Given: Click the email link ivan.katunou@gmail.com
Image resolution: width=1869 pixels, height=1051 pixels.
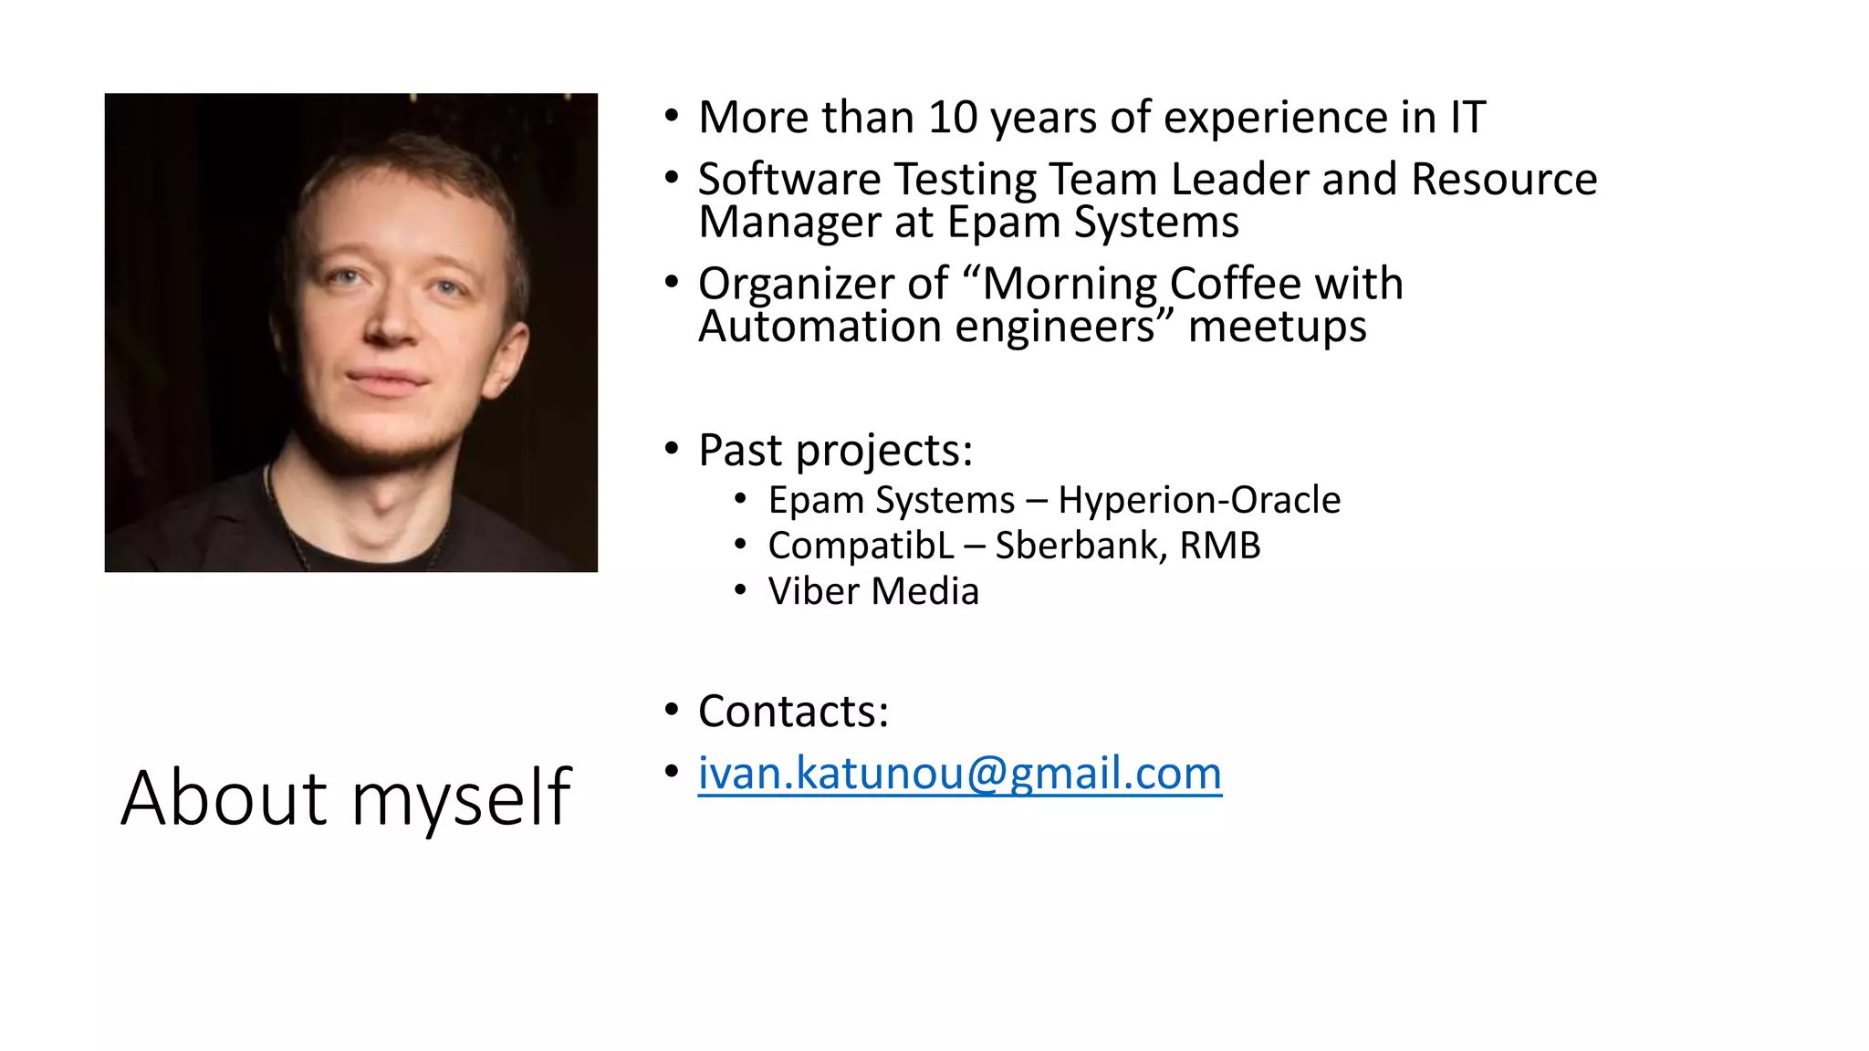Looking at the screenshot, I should point(959,774).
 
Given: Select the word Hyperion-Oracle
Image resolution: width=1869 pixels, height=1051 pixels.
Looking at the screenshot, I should point(1199,500).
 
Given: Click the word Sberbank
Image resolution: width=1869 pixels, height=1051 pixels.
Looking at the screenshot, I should point(1080,546).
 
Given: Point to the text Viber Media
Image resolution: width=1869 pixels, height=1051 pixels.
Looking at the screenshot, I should point(873,591).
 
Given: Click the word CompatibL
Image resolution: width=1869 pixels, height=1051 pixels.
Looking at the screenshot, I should point(861,546).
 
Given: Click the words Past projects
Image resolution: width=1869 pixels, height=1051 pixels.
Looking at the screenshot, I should point(835,450).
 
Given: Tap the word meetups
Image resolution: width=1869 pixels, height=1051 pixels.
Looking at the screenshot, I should point(1277,327).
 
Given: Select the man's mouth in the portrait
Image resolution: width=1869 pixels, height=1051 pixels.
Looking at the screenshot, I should point(388,379).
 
